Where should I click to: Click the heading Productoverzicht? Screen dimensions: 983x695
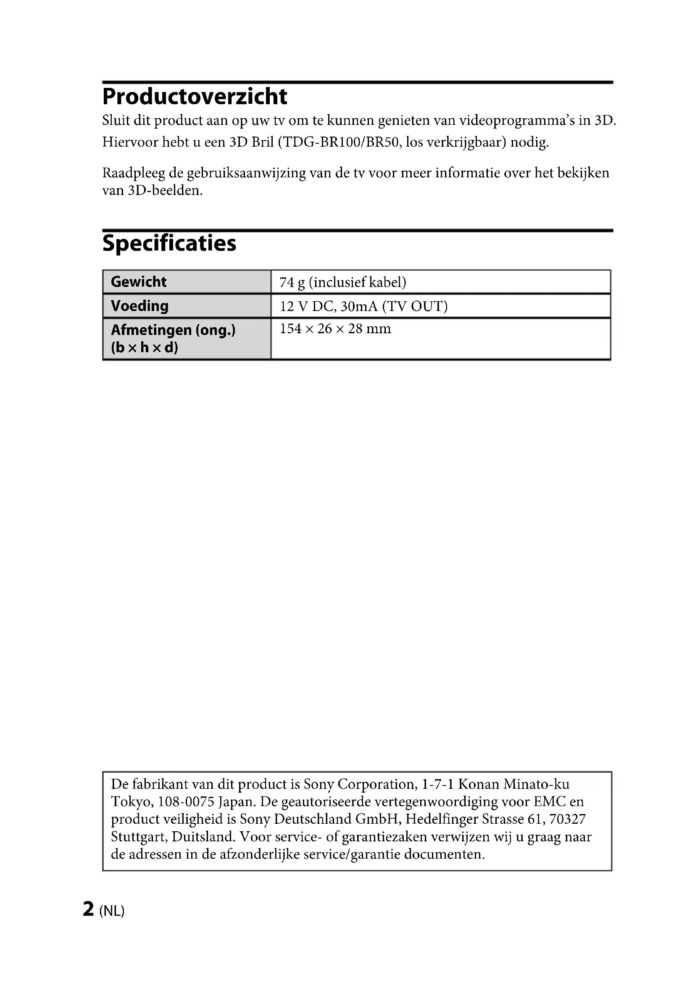(x=195, y=96)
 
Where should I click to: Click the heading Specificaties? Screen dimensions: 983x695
(x=169, y=243)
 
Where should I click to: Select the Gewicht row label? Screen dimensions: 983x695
(x=139, y=282)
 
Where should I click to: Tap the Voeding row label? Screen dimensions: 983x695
(x=140, y=306)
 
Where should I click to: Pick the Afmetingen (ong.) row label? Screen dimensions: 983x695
(x=173, y=330)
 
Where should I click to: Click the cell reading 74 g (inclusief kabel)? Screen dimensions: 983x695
(x=343, y=282)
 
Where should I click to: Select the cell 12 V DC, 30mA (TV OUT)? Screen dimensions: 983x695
(x=363, y=306)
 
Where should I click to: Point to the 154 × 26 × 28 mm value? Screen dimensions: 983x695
(x=335, y=329)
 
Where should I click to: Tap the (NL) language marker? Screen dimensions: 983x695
(x=112, y=910)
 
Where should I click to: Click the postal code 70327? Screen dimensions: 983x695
(x=567, y=819)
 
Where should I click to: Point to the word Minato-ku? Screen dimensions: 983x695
(x=536, y=784)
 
